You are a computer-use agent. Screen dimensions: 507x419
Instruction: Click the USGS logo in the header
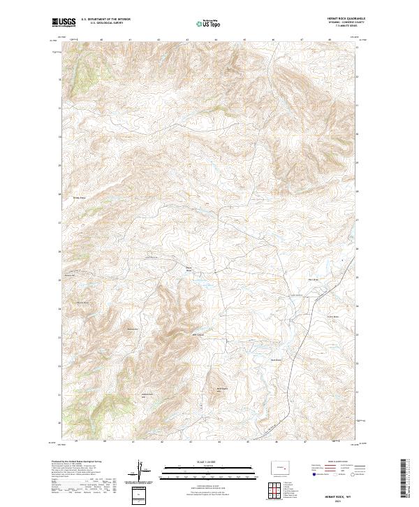tap(63, 23)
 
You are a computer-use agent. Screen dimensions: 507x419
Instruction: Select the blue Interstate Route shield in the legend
tap(311, 473)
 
